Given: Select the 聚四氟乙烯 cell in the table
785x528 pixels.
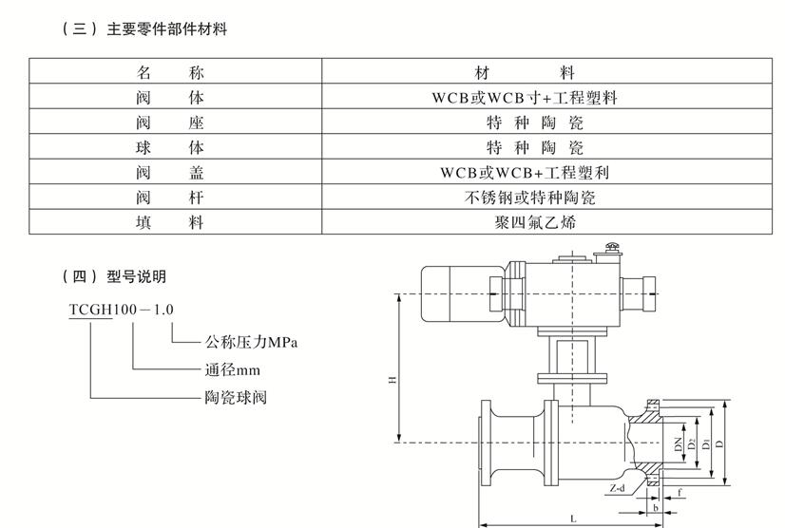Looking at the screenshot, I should pos(528,223).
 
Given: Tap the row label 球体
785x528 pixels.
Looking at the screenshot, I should pos(170,148).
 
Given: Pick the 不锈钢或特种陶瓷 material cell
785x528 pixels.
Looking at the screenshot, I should pos(528,198).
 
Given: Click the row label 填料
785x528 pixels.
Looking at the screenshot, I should pos(170,223).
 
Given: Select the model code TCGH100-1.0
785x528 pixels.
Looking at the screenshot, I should pos(121,310).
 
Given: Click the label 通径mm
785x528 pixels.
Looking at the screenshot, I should pos(232,369).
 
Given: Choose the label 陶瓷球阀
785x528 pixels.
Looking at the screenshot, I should pos(236,397).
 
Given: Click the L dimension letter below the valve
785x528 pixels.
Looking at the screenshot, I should pos(572,519).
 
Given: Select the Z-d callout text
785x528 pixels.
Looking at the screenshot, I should pos(620,487).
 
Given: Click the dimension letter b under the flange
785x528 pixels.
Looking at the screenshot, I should pos(656,508).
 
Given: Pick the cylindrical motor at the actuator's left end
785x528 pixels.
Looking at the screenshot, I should pos(453,285).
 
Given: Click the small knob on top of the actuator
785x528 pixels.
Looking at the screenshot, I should pos(612,251).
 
